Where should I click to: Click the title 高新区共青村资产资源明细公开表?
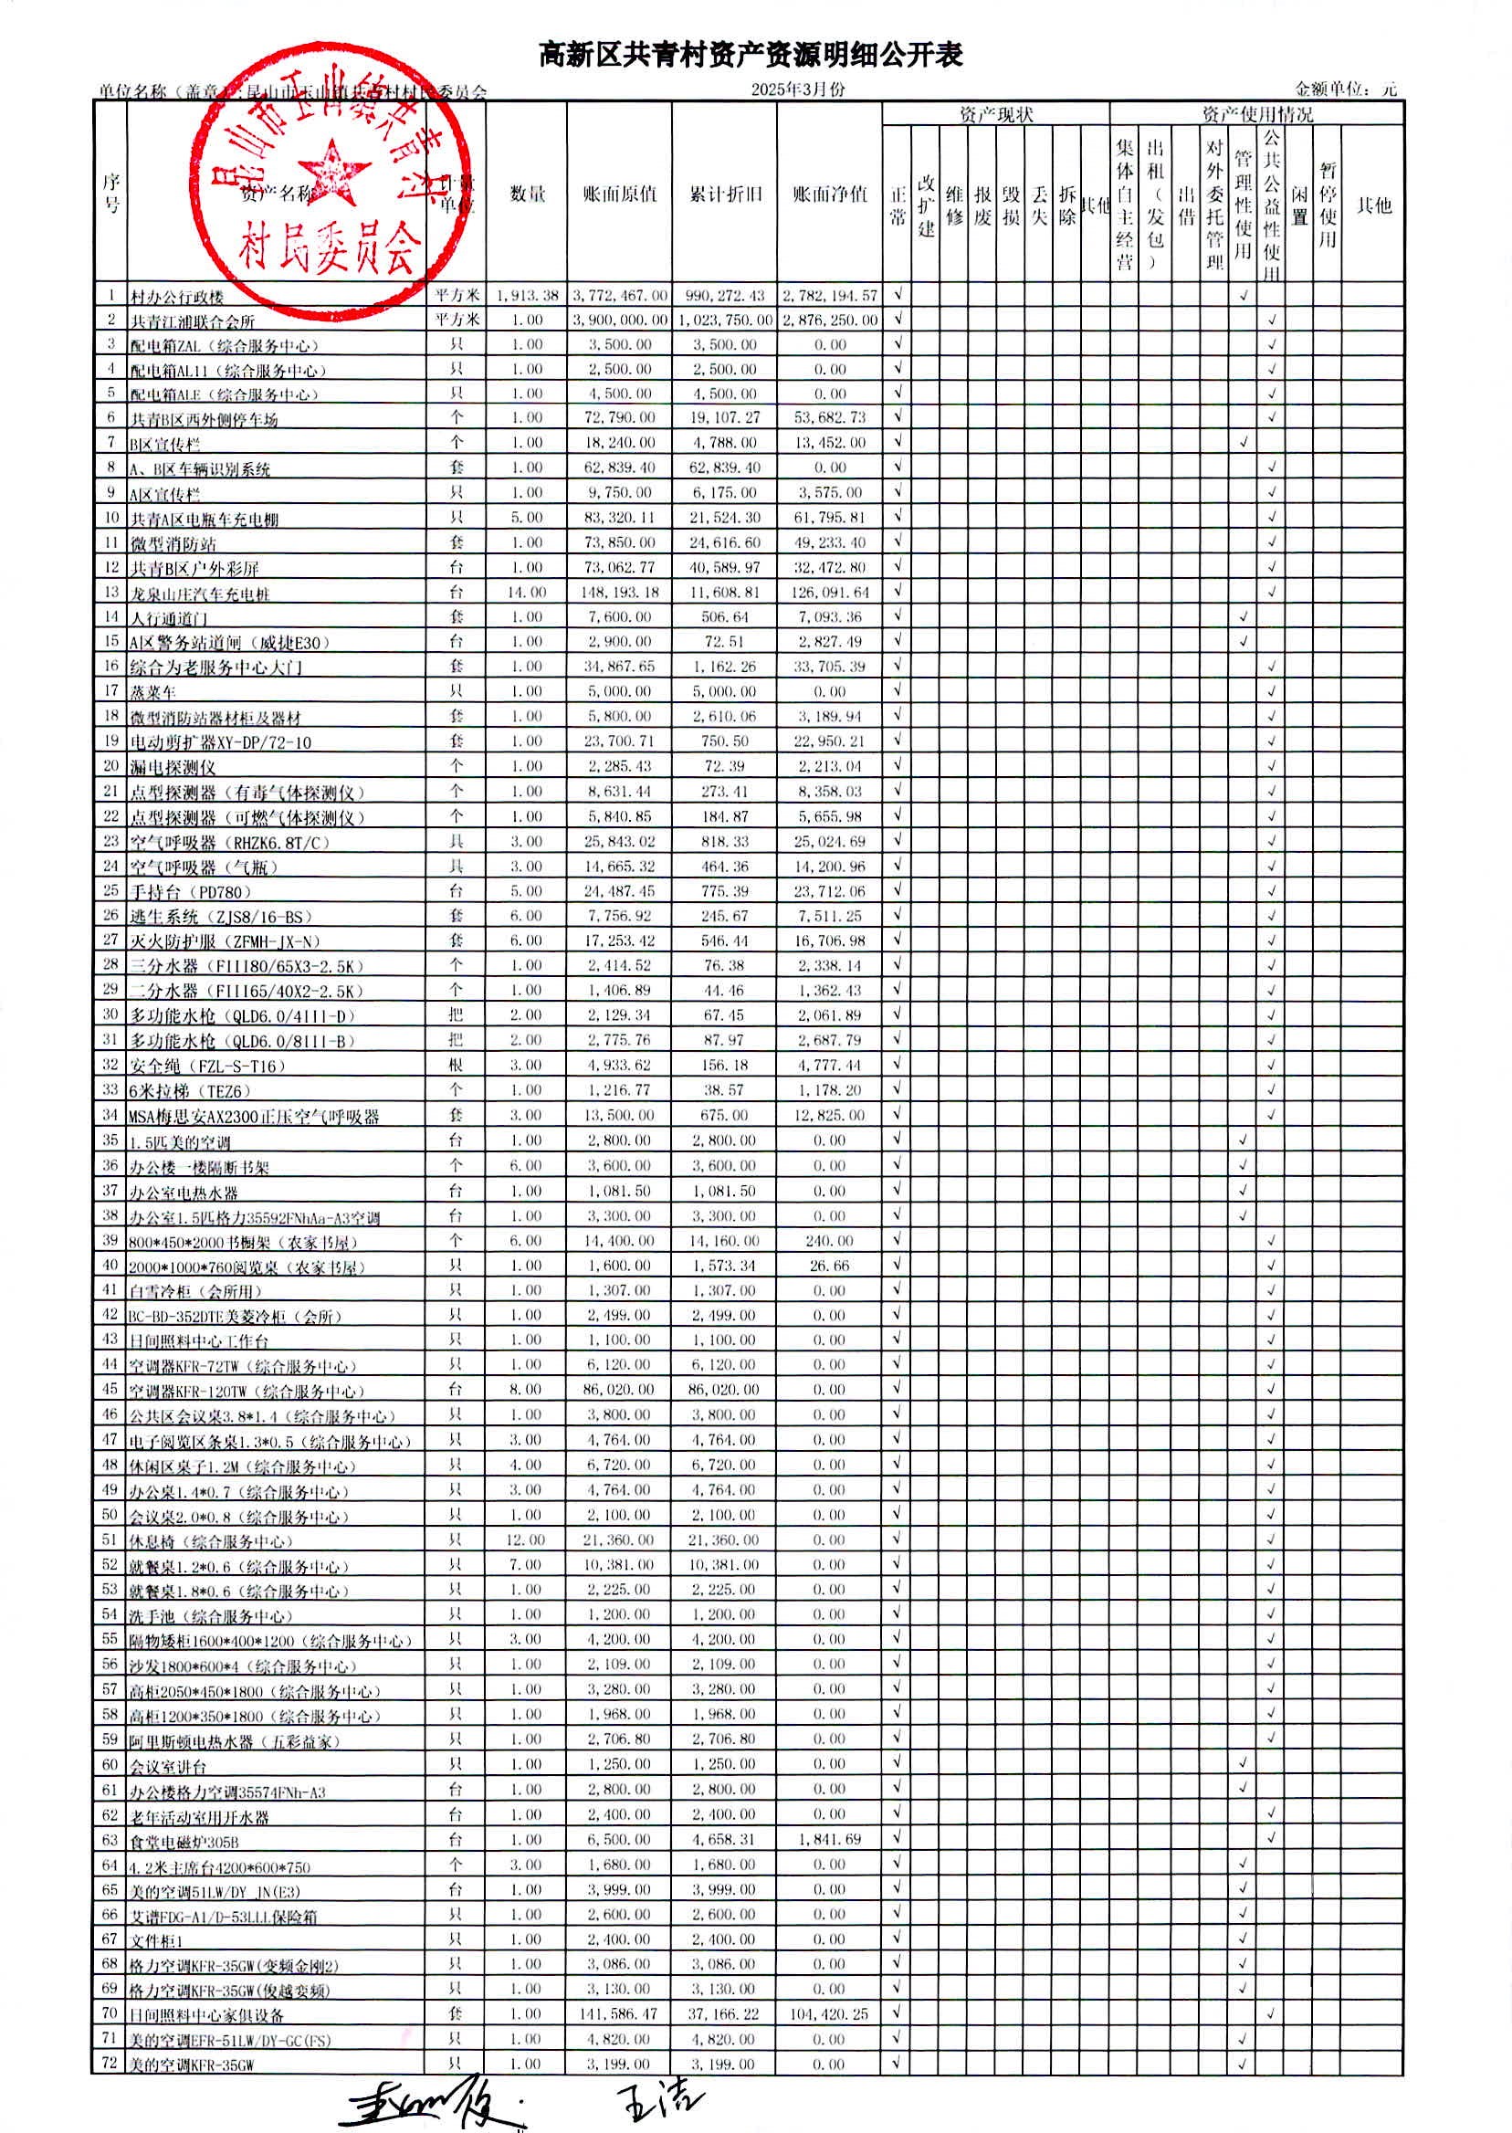751,56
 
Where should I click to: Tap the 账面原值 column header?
619,194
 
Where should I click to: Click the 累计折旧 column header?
724,194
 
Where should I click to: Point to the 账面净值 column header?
830,194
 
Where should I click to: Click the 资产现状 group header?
995,114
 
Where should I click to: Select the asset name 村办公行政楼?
177,297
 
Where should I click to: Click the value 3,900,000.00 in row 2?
619,320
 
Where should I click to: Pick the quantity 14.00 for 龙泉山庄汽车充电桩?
526,592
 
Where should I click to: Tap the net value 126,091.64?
830,592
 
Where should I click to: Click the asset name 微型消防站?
173,543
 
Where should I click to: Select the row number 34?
110,1115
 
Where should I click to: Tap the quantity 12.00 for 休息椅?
526,1539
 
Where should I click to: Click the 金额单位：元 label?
1345,89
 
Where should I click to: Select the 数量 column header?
527,194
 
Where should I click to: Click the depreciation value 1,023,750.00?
724,320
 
